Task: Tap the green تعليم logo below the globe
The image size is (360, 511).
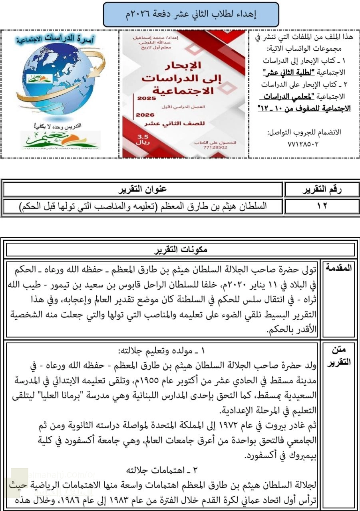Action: point(60,139)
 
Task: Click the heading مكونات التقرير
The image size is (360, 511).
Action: point(180,250)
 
